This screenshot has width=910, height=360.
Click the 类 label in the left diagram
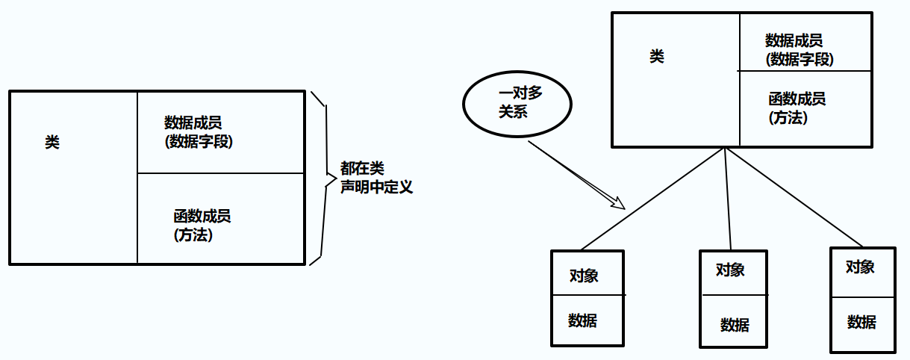52,142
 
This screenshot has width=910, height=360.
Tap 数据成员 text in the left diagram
193,122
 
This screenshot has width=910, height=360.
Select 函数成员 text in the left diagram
202,217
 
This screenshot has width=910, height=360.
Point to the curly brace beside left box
324,176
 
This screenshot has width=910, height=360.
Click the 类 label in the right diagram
656,57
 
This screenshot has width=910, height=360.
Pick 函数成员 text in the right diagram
797,99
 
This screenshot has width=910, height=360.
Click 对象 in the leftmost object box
584,275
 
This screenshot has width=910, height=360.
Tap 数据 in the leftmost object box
582,320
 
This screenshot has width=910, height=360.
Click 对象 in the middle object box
730,270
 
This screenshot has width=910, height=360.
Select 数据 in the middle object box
735,325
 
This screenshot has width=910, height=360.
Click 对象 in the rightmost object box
860,267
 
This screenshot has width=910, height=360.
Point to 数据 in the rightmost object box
861,322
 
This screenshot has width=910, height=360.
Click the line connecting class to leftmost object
652,199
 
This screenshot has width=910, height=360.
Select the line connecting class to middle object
728,198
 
